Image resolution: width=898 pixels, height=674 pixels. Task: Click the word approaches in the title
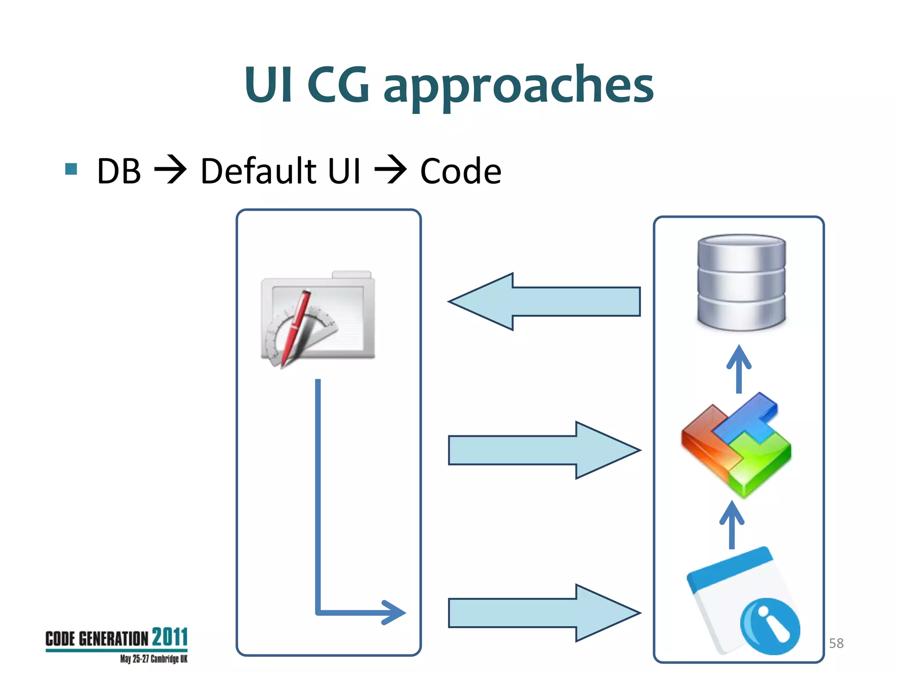coord(518,86)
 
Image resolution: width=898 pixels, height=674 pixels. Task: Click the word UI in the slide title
coord(268,85)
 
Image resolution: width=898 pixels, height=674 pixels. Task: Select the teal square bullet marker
coord(71,169)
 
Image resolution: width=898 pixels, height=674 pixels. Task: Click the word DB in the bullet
coord(119,171)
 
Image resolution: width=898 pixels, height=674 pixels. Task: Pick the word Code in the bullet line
coord(460,171)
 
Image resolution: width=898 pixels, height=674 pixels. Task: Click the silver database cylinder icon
coord(741,282)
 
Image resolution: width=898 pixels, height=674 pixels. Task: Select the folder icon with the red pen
coord(318,319)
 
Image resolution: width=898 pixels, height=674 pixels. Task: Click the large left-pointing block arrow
coord(544,301)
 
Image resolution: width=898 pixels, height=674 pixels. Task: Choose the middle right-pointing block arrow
coord(544,450)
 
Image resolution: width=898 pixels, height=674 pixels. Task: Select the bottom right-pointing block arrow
coord(544,613)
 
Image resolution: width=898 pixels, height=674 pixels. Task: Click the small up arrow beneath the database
coord(739,369)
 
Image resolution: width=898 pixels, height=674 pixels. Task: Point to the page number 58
coord(836,643)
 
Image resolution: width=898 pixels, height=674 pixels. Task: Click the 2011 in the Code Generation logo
coord(170,637)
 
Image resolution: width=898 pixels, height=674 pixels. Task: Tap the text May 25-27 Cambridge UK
coord(153,659)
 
